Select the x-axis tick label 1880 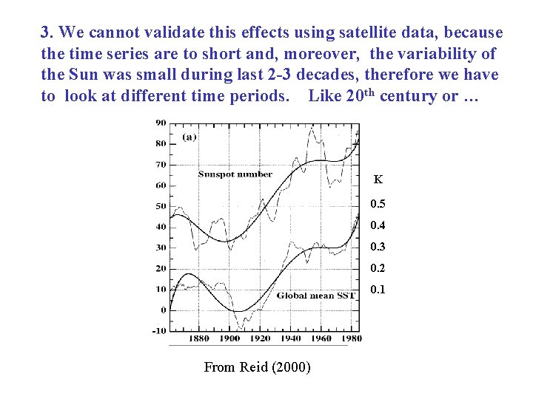coord(198,339)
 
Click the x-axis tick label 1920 coord(261,339)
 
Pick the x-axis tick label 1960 coord(322,339)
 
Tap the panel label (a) coord(189,138)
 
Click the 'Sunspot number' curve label coord(235,174)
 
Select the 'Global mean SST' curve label coord(316,296)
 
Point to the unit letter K coord(378,180)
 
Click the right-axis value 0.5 coord(378,204)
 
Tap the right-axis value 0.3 coord(378,247)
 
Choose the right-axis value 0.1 coord(378,290)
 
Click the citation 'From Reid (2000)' coord(257,367)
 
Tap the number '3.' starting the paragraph coord(47,33)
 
